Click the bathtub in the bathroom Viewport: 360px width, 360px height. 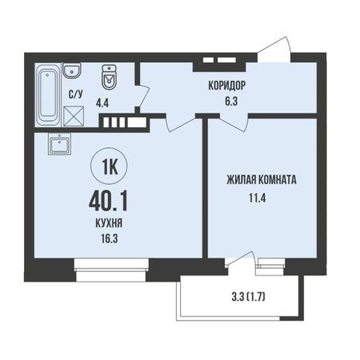[x=48, y=95]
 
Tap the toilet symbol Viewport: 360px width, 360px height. [x=109, y=77]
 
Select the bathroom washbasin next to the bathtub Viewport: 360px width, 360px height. [x=72, y=70]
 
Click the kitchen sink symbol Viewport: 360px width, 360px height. [x=60, y=144]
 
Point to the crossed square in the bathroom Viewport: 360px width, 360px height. [x=74, y=116]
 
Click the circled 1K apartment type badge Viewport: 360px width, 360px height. [x=109, y=167]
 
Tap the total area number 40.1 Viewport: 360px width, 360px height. [x=108, y=202]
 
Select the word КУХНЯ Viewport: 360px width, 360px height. [x=109, y=223]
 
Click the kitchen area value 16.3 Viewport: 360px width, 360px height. [x=109, y=238]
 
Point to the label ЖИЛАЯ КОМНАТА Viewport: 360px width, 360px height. [x=261, y=180]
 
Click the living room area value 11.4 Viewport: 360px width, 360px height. [x=258, y=198]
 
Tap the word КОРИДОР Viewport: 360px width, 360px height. [x=227, y=85]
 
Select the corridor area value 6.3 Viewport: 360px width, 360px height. [x=231, y=102]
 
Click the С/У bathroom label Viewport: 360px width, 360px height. [x=75, y=95]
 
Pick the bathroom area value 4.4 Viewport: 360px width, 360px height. [x=102, y=104]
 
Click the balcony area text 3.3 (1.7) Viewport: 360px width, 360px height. [x=248, y=298]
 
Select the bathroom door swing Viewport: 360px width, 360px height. [x=143, y=95]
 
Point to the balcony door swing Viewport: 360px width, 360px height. [x=241, y=261]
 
